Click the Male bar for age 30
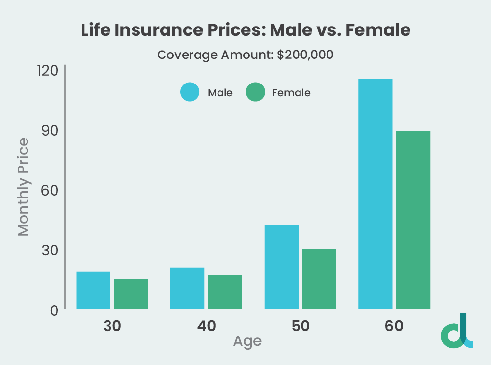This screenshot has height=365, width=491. [x=93, y=290]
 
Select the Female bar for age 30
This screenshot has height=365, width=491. [x=131, y=294]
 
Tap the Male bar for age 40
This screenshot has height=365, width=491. [x=187, y=288]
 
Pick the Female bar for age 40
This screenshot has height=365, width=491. [x=225, y=292]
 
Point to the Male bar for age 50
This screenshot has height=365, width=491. [x=281, y=267]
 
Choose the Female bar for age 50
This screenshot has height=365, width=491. [x=319, y=279]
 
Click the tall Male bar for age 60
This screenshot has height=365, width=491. [x=375, y=194]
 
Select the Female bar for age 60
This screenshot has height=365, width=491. [x=413, y=220]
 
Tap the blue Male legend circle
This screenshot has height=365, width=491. [x=190, y=92]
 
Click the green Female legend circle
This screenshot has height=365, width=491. [x=255, y=92]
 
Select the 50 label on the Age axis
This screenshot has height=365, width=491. [x=300, y=326]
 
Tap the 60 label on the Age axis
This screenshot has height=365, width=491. [x=394, y=326]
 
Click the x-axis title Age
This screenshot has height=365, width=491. [x=247, y=341]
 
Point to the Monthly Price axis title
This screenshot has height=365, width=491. [x=23, y=187]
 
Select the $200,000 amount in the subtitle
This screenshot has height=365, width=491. [x=305, y=55]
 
